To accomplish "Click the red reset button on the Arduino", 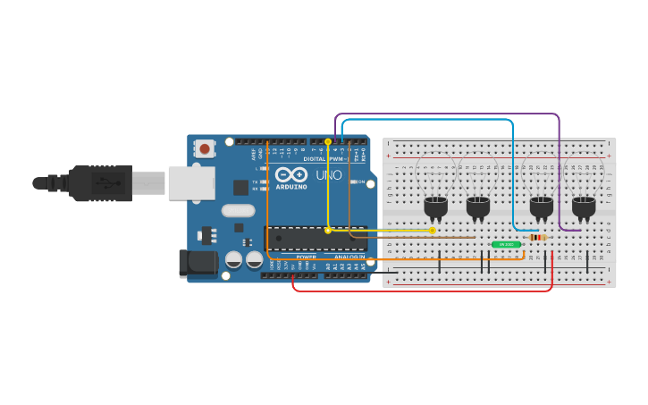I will (205, 148).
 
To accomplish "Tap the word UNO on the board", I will (327, 175).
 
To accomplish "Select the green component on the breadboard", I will (506, 244).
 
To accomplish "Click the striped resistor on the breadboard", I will (537, 237).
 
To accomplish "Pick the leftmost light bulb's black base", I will (435, 207).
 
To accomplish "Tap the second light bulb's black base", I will (478, 207).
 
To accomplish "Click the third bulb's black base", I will (542, 207).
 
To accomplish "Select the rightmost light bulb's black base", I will (584, 207).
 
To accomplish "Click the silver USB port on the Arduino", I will (191, 182).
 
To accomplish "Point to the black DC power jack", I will (198, 263).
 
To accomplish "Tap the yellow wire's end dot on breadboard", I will (433, 230).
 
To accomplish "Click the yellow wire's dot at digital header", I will (328, 142).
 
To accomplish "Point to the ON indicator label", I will (360, 181).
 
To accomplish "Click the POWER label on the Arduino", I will (306, 257).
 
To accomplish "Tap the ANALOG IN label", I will (349, 257).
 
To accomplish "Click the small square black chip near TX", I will (240, 188).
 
